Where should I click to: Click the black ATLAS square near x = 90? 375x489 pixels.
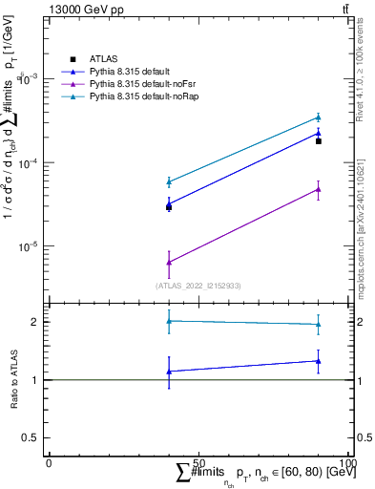[x=318, y=140]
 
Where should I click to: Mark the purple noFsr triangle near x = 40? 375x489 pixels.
[x=169, y=262]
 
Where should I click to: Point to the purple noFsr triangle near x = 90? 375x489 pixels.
[x=318, y=189]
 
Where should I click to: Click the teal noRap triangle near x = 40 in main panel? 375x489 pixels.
[x=169, y=181]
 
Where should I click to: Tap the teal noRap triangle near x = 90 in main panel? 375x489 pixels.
[x=318, y=117]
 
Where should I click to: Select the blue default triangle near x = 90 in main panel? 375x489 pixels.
[x=318, y=134]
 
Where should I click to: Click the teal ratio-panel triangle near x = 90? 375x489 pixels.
[x=318, y=325]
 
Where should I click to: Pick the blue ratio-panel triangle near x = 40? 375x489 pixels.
[x=169, y=372]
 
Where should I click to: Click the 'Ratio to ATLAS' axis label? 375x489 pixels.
[x=13, y=379]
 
